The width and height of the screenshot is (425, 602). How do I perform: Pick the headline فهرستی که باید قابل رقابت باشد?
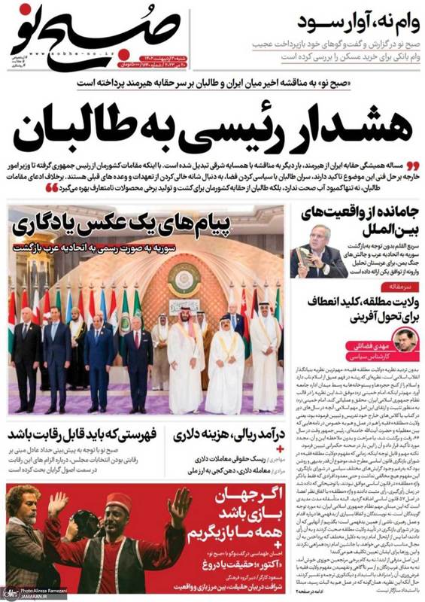[x=76, y=435]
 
